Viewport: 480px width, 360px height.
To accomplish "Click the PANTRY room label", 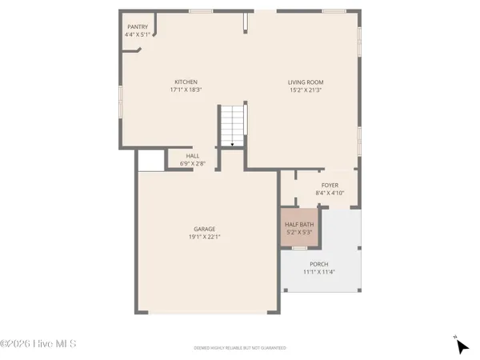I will point(137,26).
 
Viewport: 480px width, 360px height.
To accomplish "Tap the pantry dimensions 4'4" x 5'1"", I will point(137,34).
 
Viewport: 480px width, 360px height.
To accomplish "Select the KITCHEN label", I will point(186,82).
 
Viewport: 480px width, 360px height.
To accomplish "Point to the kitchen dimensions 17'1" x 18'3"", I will point(186,90).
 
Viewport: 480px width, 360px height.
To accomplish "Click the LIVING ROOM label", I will point(306,82).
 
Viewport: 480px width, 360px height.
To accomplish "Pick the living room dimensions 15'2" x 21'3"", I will point(306,90).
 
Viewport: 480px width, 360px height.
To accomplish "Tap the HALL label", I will point(193,156).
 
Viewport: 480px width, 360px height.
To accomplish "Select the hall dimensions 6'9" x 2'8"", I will point(193,164).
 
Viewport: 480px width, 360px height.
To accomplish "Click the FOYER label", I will point(330,185).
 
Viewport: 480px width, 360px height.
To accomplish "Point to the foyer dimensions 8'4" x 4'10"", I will point(330,193).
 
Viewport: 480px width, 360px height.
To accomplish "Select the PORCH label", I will point(319,264).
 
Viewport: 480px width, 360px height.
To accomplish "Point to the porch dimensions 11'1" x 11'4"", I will point(319,272).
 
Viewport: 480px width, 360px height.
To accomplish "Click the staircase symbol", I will point(231,126).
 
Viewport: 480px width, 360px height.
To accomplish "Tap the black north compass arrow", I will point(462,346).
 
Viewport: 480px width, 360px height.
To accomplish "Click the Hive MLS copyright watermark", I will point(38,344).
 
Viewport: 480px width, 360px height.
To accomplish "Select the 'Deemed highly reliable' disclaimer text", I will point(239,348).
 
